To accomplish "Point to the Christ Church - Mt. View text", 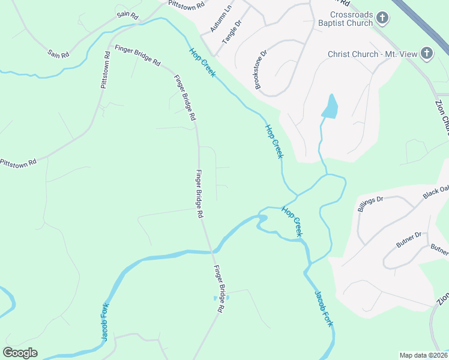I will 372,54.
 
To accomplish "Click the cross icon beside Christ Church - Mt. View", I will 427,54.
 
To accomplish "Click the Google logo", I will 20,353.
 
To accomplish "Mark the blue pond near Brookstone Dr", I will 330,107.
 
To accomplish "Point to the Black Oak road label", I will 435,192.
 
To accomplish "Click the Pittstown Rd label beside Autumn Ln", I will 187,4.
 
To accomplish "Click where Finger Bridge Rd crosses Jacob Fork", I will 211,251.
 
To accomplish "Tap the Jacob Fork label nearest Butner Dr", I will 324,308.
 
